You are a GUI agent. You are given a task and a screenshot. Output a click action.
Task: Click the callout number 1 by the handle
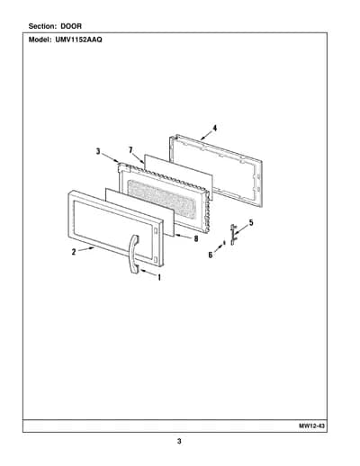[159, 278]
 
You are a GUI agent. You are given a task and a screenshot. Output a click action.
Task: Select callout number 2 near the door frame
[74, 252]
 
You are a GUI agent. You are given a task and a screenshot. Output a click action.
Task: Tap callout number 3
[98, 152]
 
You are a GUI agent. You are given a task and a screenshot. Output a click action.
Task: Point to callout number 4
[215, 128]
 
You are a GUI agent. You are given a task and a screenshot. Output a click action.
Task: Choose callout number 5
[251, 223]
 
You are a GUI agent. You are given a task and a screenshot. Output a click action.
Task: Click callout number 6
[211, 255]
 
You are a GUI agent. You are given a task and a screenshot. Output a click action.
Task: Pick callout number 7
[130, 150]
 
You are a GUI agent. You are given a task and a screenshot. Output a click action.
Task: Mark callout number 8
[196, 239]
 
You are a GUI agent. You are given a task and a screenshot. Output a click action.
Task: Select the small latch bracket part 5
[233, 234]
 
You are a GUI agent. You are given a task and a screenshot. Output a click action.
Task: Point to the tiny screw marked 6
[224, 243]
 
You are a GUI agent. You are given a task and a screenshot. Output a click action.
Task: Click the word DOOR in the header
[71, 26]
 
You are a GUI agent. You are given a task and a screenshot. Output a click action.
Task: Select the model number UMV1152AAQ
[78, 40]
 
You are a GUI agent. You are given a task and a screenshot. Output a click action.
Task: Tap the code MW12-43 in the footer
[311, 426]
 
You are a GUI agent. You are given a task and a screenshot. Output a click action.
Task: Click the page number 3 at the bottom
[179, 442]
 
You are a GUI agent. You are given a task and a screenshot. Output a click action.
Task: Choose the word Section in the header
[42, 26]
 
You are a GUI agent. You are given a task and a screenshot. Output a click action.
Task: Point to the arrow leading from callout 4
[206, 136]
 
